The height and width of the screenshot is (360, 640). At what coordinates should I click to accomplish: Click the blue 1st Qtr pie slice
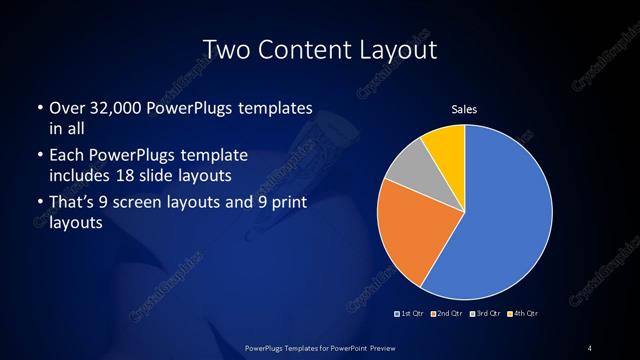(510, 215)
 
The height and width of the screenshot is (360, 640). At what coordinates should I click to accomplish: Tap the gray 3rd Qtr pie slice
(410, 170)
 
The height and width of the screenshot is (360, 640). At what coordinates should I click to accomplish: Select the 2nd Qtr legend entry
(448, 314)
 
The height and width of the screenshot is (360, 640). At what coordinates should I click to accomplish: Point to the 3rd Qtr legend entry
(485, 314)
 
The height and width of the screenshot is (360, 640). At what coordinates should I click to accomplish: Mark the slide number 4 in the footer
(590, 347)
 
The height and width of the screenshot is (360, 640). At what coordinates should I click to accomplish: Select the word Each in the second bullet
(66, 156)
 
